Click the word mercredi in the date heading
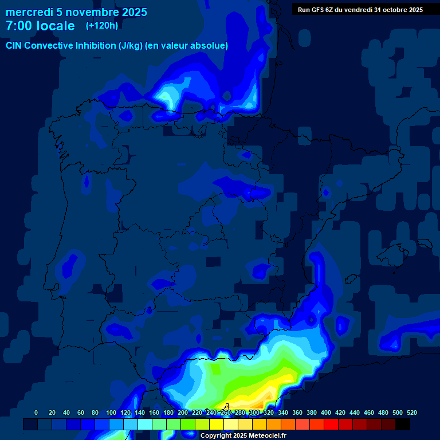[x=29, y=12]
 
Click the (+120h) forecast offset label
[x=102, y=26]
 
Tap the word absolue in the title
[x=210, y=46]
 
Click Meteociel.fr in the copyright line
[x=265, y=436]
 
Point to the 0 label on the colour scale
[x=36, y=412]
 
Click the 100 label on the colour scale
[x=111, y=412]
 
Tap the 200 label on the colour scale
[x=183, y=412]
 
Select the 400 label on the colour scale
[x=326, y=412]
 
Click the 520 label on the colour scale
[x=412, y=412]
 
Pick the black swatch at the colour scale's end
[x=403, y=425]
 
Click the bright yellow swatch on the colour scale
[x=217, y=425]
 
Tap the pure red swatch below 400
[x=331, y=425]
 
